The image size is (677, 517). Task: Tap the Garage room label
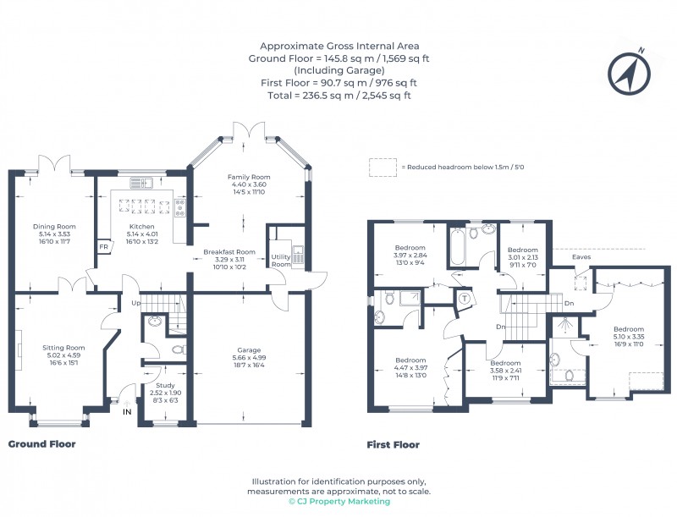248,349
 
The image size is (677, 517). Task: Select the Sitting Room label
64,347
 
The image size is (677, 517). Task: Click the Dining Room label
54,226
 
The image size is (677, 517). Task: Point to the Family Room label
248,177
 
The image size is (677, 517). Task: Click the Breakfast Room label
228,251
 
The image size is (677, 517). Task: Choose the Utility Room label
281,260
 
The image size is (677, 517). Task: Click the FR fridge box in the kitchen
103,247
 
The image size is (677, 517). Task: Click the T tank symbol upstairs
465,297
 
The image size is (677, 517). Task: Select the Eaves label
581,256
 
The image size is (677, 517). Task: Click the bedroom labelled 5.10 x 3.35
629,329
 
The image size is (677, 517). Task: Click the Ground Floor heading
41,443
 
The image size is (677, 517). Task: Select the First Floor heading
393,444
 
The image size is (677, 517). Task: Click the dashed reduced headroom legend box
383,167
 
